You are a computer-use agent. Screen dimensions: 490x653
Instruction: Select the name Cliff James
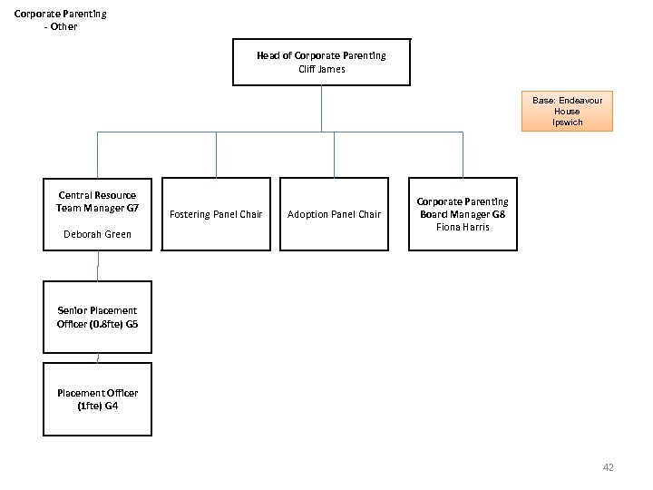321,69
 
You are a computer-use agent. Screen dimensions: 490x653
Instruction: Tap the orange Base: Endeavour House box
567,111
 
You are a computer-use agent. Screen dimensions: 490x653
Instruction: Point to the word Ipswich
567,122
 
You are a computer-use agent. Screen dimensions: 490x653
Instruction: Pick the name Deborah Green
97,234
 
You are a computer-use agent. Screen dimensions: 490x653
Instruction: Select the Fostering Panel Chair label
216,214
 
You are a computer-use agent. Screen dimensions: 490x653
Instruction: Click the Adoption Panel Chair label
334,214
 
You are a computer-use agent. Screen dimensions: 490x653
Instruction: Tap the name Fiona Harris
463,227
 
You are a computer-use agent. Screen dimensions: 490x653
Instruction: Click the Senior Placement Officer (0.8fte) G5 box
97,318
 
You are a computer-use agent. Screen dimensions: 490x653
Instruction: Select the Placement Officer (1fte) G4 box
97,399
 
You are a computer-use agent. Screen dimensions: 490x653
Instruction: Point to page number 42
608,467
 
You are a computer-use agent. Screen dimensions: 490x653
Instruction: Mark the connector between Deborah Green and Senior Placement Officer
98,266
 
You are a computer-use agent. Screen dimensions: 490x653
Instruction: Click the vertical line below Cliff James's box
321,109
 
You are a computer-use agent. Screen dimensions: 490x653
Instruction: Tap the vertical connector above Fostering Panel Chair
216,154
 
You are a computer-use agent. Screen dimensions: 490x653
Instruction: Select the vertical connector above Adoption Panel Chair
334,154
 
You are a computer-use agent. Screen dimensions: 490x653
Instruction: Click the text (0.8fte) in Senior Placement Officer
107,324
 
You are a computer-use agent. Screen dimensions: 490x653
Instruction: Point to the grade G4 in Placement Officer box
111,406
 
